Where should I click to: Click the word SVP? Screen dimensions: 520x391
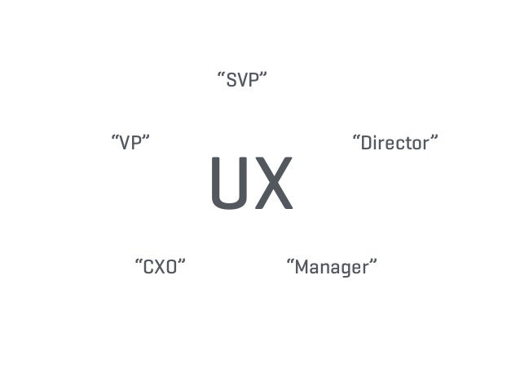point(242,81)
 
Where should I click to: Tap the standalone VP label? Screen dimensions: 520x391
point(130,143)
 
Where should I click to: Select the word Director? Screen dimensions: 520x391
point(395,144)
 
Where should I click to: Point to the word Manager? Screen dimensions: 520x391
point(332,267)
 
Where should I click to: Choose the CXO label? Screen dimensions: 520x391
point(160,267)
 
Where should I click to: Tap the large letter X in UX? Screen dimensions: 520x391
point(273,184)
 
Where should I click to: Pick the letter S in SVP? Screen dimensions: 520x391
point(231,81)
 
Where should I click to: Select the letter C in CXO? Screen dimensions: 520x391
point(148,267)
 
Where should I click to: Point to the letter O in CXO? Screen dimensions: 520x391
point(172,267)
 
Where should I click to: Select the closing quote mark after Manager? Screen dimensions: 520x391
point(372,261)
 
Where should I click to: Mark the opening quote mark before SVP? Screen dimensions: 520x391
point(221,75)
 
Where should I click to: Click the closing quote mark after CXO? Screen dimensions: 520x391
point(182,261)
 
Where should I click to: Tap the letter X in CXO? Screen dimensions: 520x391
point(160,267)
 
